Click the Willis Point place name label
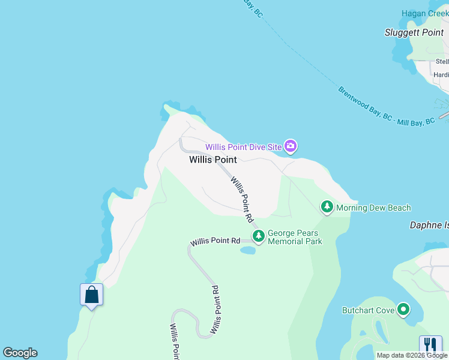coord(212,160)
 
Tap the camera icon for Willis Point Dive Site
coord(291,146)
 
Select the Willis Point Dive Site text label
coord(245,147)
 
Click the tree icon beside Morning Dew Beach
coord(327,208)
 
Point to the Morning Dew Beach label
coord(373,208)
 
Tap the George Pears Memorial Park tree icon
coord(259,236)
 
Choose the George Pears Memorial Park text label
coord(295,237)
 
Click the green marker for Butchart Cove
coord(403,310)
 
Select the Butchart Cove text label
coord(368,310)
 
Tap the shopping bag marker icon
coord(91,295)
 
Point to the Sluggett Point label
coord(414,32)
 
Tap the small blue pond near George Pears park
coord(247,250)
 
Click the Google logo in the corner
coord(20,353)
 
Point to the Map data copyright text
coord(412,355)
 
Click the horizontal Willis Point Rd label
coord(215,241)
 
